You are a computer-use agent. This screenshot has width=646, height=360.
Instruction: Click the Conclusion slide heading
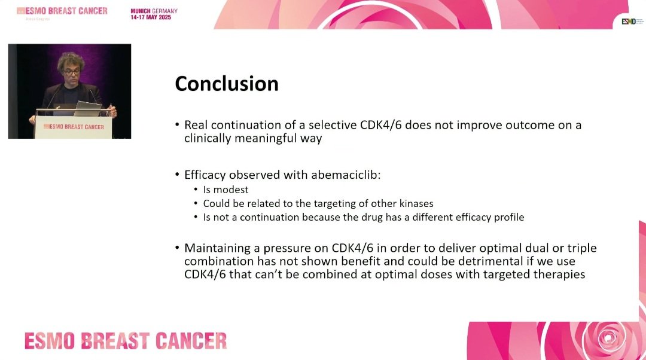[227, 84]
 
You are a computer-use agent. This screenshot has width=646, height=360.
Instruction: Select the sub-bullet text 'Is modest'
[226, 190]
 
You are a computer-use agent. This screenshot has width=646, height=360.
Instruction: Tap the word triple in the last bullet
[582, 248]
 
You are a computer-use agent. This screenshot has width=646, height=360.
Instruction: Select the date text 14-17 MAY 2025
[151, 17]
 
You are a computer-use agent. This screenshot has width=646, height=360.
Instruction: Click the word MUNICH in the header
[141, 11]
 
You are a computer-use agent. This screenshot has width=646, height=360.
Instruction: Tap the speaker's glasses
[72, 72]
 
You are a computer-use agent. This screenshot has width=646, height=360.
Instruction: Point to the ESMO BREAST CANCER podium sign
[74, 127]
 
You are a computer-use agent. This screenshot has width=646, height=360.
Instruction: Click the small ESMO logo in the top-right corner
[629, 22]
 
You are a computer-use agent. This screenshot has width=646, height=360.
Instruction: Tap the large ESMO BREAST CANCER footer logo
[126, 341]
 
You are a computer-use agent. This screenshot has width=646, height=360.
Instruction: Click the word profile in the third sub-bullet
[509, 217]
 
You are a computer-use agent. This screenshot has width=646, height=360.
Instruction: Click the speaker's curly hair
[71, 60]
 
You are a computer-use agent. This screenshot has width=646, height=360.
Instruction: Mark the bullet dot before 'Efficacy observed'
[177, 174]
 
